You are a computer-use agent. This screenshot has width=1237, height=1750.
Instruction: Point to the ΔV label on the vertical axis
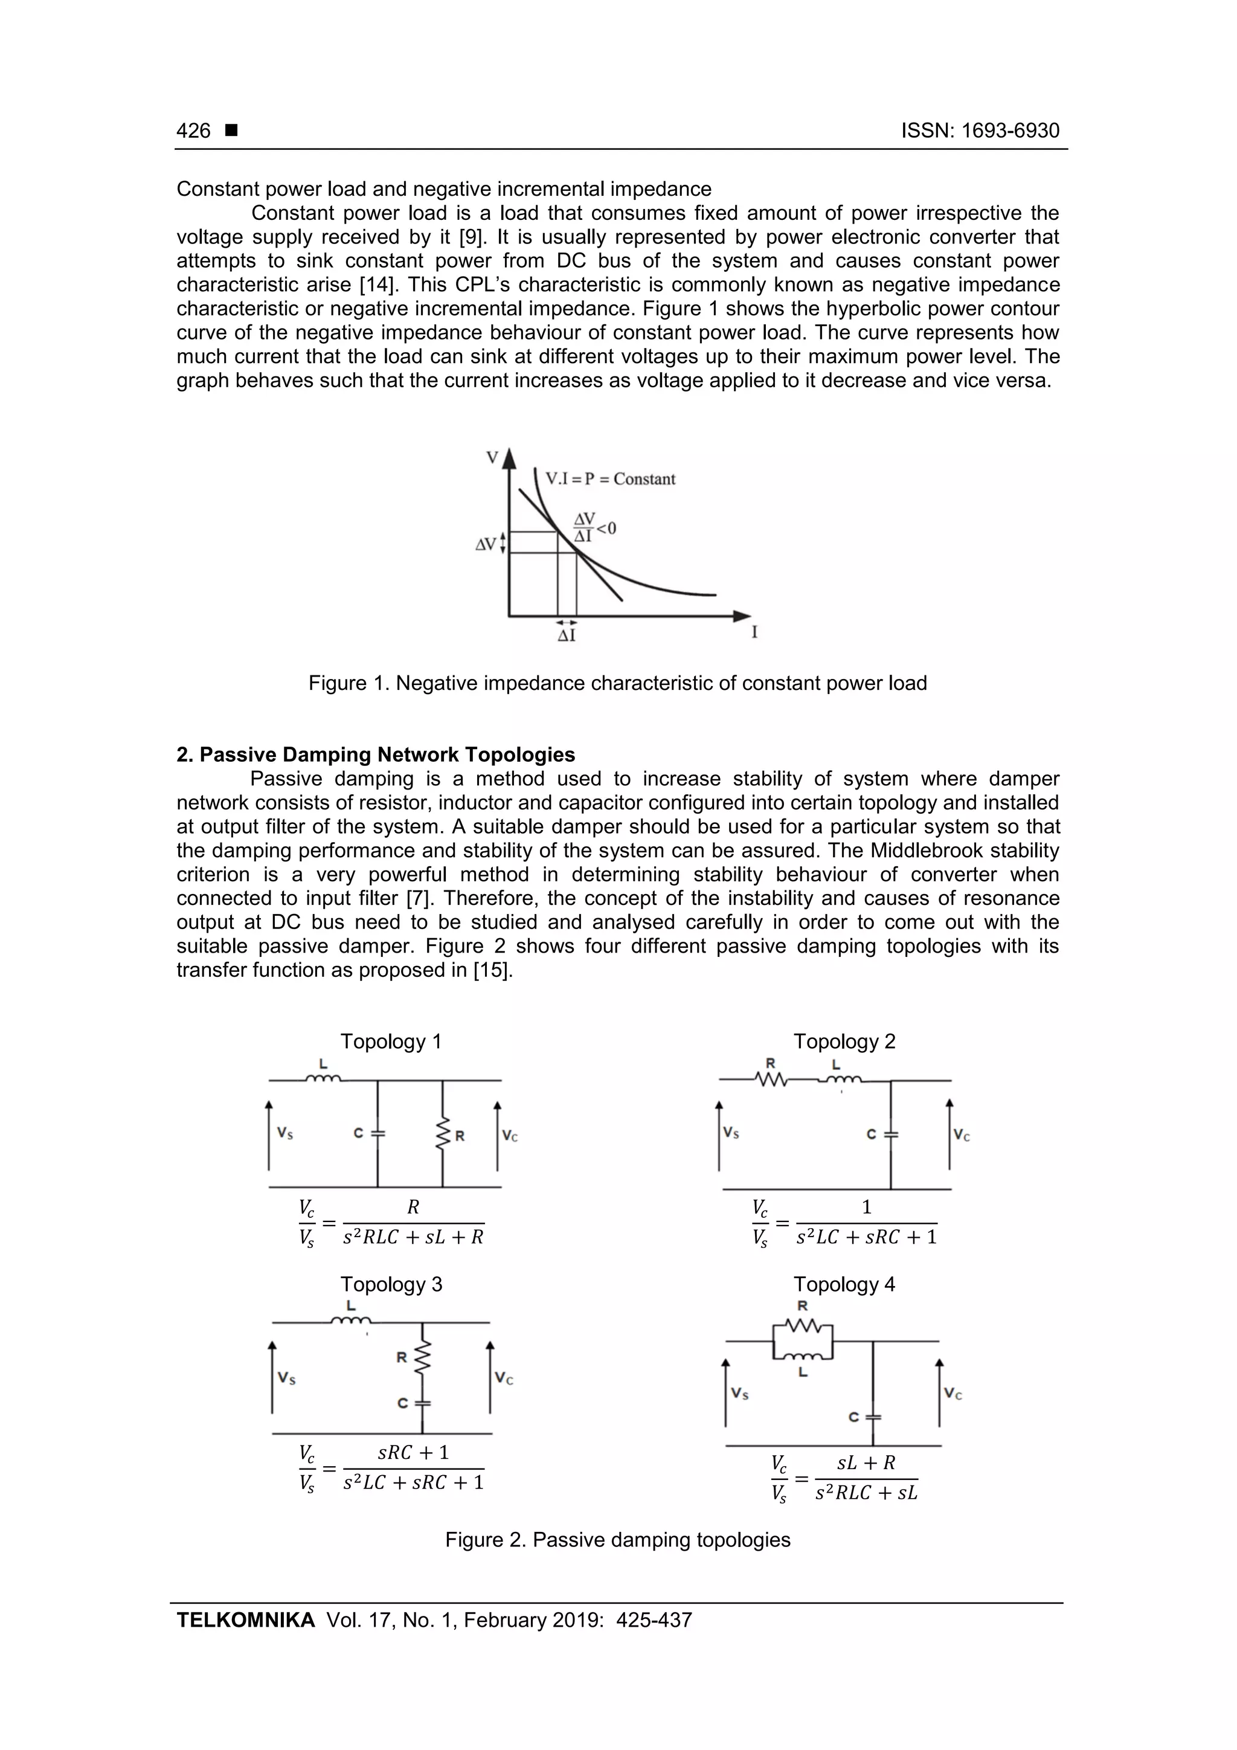(x=486, y=544)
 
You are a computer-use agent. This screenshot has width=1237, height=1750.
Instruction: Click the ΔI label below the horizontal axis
(x=567, y=635)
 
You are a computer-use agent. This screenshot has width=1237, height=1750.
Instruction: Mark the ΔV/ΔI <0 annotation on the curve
(x=594, y=527)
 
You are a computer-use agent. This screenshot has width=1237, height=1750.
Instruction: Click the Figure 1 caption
(x=617, y=683)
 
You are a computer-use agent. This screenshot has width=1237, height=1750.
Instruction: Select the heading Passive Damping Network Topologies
(x=387, y=754)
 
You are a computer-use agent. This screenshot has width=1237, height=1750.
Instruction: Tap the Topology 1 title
(x=390, y=1041)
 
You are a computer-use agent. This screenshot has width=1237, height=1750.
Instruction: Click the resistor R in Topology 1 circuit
(x=443, y=1135)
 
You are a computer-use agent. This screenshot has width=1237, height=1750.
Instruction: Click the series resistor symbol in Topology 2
(x=771, y=1079)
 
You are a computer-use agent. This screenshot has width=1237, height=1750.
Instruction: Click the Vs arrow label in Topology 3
(x=286, y=1377)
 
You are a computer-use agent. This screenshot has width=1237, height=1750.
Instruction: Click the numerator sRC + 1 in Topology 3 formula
(x=413, y=1453)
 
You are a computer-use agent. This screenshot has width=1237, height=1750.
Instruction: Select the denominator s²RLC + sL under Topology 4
(x=866, y=1493)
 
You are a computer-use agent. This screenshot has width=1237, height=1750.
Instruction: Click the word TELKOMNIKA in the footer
(x=245, y=1620)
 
